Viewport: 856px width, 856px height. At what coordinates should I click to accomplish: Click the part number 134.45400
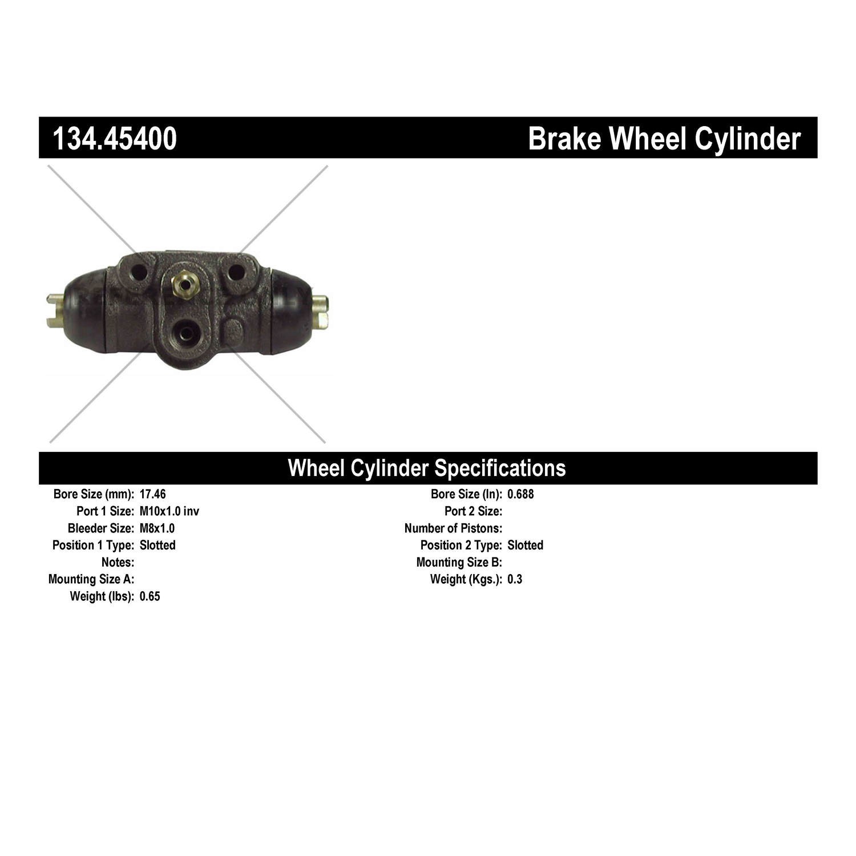pos(115,139)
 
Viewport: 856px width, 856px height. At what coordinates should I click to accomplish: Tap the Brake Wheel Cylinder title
pos(664,139)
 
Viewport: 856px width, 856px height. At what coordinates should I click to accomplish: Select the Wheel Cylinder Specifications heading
pos(427,468)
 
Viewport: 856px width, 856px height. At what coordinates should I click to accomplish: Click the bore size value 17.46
pos(152,494)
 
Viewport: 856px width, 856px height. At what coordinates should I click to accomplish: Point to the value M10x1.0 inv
pos(169,511)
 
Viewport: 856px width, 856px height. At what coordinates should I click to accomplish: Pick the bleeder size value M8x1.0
pos(157,528)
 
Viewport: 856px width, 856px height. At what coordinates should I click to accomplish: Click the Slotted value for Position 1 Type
pos(158,546)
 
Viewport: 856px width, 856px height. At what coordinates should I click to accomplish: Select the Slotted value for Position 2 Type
pos(525,546)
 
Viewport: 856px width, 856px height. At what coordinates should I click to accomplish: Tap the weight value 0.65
pos(150,597)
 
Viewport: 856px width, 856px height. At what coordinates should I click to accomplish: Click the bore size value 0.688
pos(520,494)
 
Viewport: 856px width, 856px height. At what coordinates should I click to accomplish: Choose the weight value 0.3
pos(515,580)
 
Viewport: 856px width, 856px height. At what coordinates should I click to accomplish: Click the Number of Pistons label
pos(453,528)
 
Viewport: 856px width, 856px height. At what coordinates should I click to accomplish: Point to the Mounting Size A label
pos(91,580)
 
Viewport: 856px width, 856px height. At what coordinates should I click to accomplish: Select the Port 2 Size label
pos(474,511)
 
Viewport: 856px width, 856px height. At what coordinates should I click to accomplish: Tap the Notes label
pos(118,563)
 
